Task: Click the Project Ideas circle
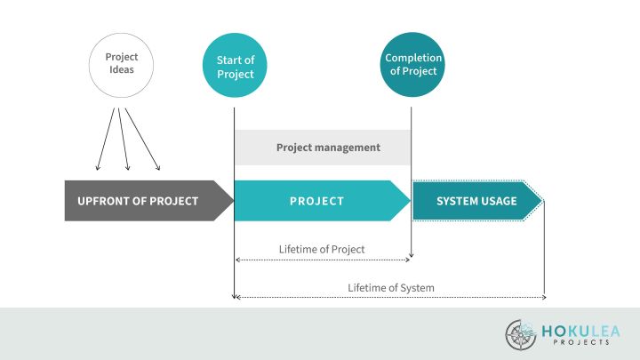click(x=121, y=63)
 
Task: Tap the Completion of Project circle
click(x=413, y=65)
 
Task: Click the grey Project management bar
click(x=323, y=148)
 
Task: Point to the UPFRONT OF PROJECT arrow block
click(x=142, y=201)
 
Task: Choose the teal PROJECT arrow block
click(x=317, y=201)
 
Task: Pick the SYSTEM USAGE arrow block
click(x=476, y=201)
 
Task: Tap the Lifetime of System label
click(x=391, y=287)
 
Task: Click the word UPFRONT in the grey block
click(x=105, y=201)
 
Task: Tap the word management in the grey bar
click(x=350, y=148)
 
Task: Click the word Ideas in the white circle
click(x=121, y=69)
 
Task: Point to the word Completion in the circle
click(x=413, y=59)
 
